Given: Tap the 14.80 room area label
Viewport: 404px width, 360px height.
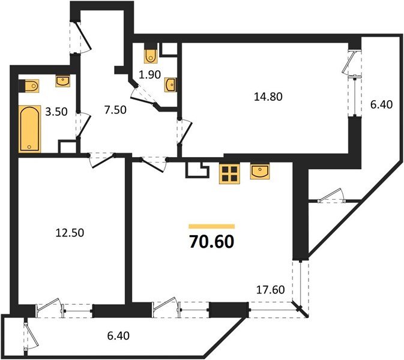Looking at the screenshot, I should (268, 95).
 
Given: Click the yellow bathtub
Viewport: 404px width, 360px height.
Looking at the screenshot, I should (29, 128).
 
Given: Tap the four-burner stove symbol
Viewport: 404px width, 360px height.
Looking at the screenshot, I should (228, 173).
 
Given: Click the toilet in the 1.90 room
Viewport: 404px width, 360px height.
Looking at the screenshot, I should (151, 55).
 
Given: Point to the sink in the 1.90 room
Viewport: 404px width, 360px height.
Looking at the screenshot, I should (170, 85).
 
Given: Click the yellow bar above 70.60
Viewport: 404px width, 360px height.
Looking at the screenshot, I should (211, 226).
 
